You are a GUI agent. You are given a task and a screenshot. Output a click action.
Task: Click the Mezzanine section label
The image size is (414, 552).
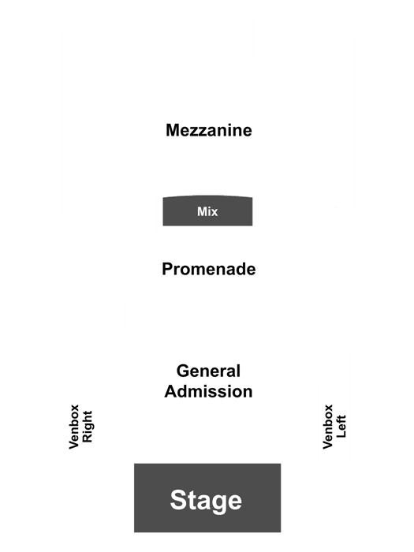209,130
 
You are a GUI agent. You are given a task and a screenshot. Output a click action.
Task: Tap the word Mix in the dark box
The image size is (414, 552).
207,211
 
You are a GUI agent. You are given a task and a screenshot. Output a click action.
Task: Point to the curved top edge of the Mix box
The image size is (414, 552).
207,196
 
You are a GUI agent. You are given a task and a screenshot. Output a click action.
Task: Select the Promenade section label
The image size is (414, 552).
209,270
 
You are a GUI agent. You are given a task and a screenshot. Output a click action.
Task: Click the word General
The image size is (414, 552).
208,371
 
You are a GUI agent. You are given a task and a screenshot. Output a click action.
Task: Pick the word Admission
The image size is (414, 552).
208,391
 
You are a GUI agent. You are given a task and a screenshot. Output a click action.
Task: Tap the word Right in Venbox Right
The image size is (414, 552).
87,427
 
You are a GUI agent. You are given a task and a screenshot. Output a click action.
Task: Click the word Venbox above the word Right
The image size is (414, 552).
74,427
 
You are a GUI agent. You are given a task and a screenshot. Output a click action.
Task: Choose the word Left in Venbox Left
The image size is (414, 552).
341,427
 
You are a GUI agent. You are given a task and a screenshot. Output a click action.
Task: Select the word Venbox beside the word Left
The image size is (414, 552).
328,427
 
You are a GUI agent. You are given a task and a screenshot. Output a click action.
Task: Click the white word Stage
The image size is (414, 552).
206,500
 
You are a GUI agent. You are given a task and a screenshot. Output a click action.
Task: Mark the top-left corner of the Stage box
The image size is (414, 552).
134,464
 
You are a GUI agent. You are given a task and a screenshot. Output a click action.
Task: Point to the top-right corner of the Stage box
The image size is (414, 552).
281,464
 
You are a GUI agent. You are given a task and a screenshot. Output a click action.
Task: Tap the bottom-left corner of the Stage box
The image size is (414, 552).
134,532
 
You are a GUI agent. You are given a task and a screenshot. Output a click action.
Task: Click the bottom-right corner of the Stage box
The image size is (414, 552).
281,532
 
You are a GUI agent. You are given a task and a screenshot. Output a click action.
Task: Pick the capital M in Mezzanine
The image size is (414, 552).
173,130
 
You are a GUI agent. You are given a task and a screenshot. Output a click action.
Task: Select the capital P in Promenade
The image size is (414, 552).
167,270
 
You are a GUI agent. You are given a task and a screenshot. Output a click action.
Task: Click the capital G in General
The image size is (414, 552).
183,371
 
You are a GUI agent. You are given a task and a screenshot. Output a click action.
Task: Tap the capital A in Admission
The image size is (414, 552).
171,391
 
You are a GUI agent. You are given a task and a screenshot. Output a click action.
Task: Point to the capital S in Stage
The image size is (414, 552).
179,500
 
